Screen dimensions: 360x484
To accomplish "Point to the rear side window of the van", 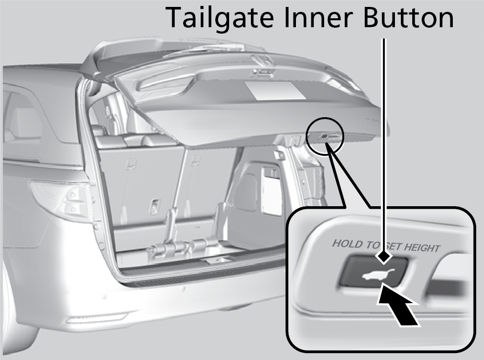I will tap(22, 119).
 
